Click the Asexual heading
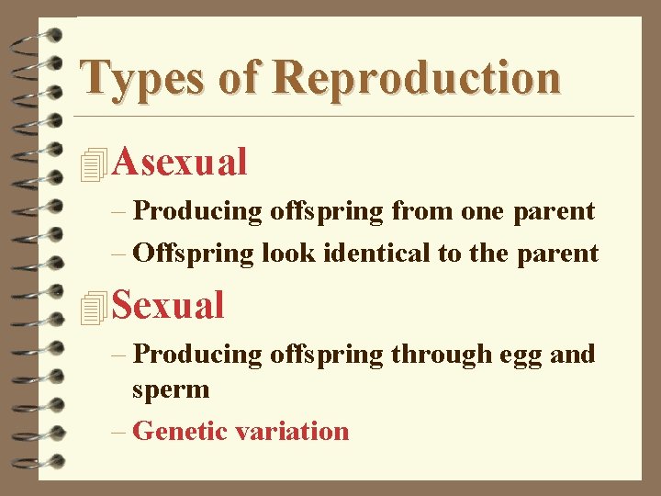181,163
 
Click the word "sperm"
171,390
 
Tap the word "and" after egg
573,354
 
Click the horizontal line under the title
353,117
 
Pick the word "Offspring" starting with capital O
193,253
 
